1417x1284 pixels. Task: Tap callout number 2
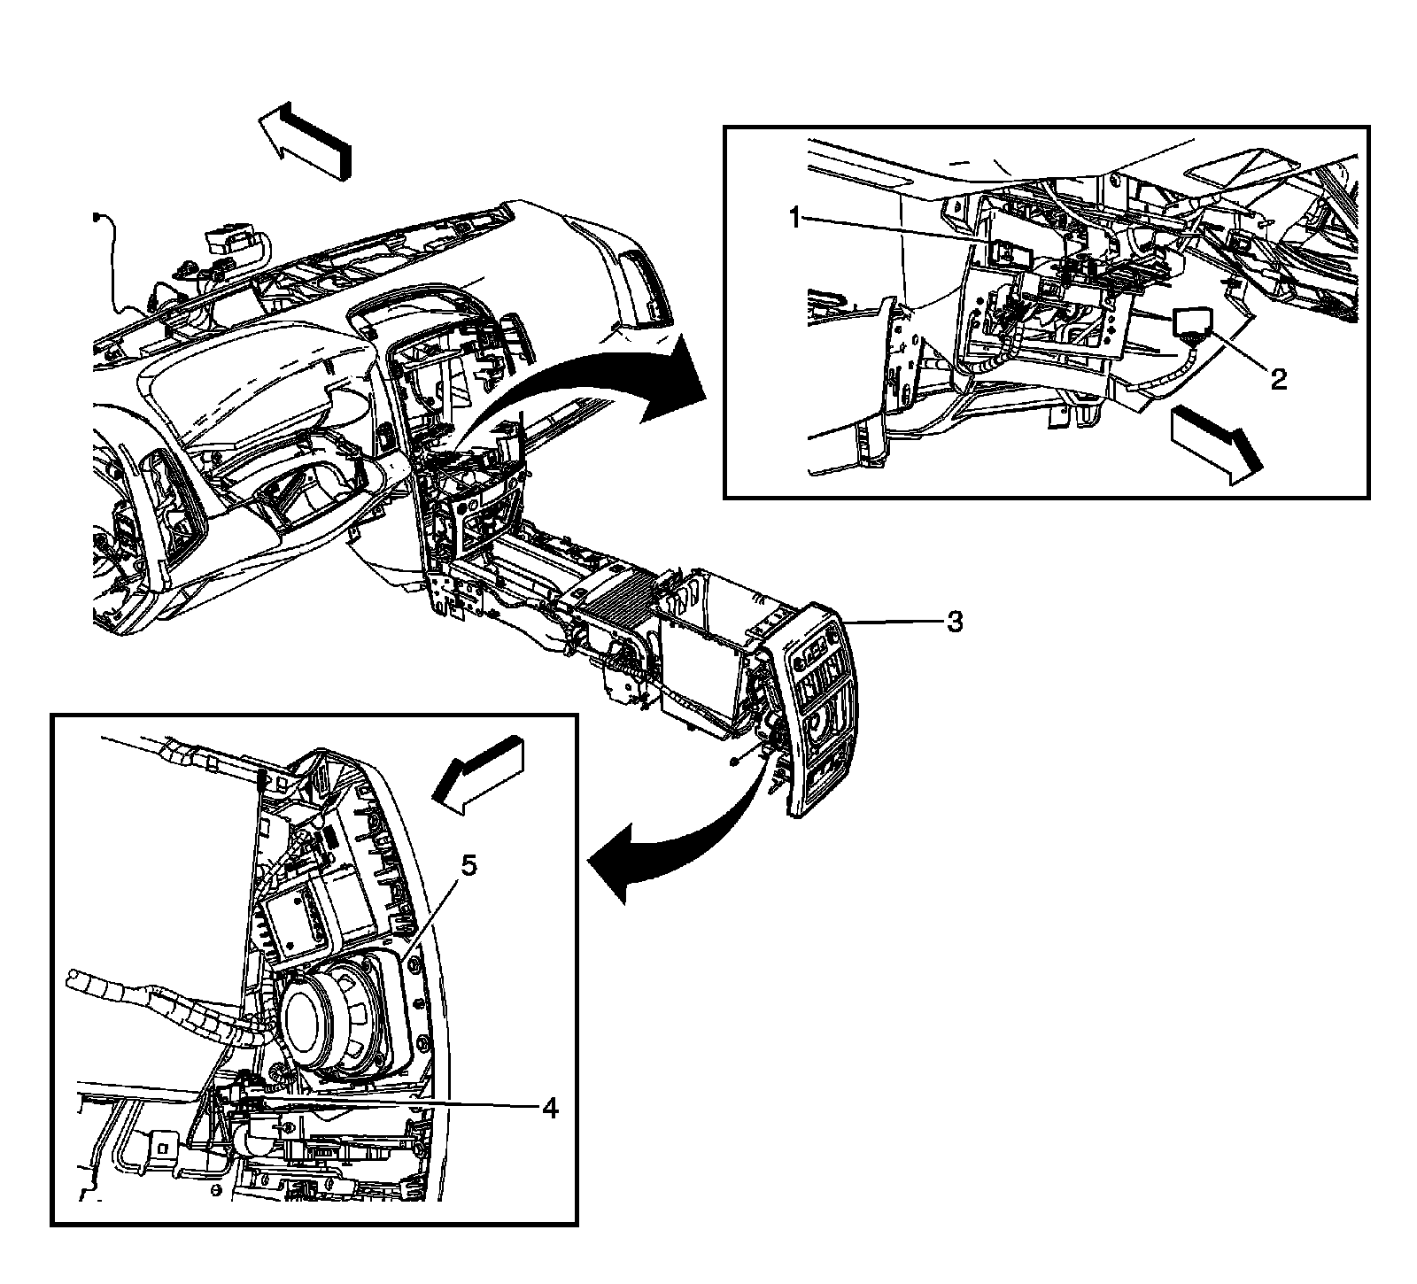[x=1277, y=380]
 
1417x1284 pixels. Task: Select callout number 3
[x=954, y=623]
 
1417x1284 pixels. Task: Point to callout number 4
[x=550, y=1108]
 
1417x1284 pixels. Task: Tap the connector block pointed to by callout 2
[x=1192, y=326]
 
